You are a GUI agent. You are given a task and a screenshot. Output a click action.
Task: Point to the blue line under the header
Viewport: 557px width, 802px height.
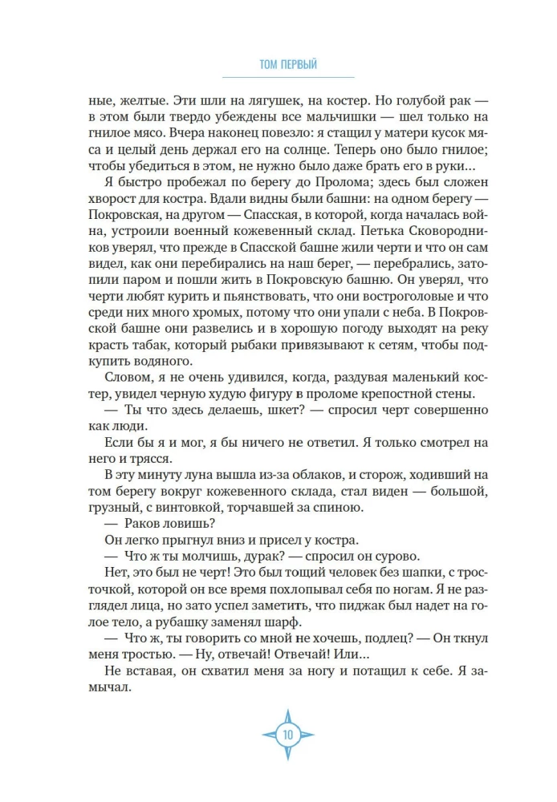coord(278,77)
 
